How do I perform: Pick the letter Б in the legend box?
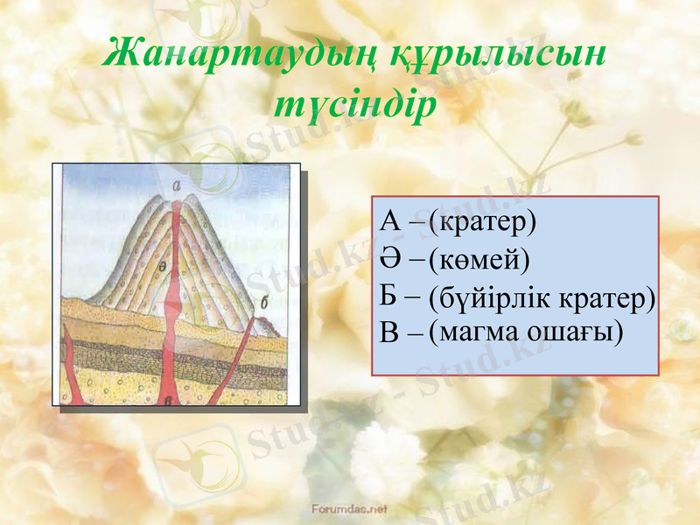[390, 296]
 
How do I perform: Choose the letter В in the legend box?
[390, 332]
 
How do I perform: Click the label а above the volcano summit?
[177, 185]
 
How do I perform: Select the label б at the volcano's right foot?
[264, 303]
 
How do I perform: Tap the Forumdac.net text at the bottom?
[349, 507]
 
